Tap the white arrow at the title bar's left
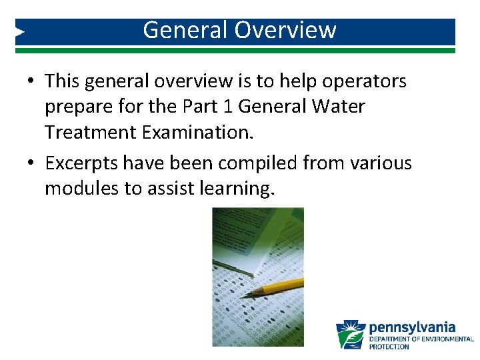[20, 31]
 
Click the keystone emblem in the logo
[350, 335]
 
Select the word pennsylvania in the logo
[412, 327]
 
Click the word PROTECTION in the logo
[389, 347]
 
